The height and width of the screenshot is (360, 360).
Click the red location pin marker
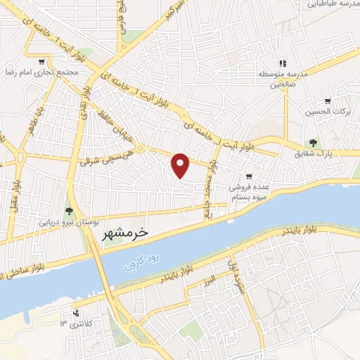tap(181, 165)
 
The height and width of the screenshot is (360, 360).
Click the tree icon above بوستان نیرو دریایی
tap(69, 210)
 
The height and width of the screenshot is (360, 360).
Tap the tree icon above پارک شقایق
tap(314, 143)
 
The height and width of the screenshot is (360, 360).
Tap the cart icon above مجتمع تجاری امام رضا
tap(44, 61)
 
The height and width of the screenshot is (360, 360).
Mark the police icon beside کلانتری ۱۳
tap(75, 314)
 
